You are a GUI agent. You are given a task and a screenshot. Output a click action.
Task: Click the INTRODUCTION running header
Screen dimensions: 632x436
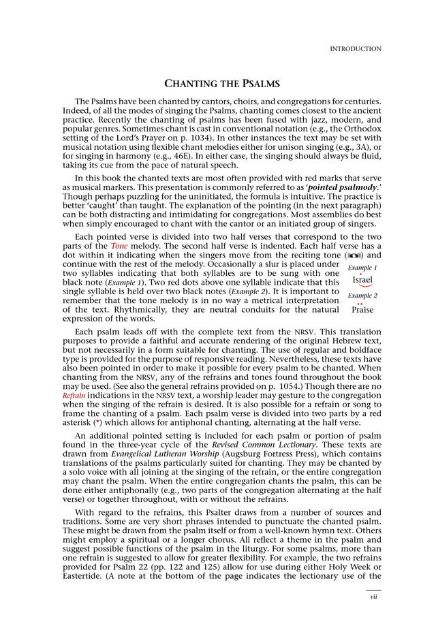point(355,49)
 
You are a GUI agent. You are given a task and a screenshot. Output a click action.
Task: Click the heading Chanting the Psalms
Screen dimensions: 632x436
point(223,84)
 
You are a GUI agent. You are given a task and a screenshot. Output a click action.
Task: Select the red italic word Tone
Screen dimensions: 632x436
point(119,246)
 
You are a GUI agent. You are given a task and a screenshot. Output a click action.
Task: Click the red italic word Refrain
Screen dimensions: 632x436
point(74,395)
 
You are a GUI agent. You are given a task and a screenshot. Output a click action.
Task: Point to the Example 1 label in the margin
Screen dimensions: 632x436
point(362,268)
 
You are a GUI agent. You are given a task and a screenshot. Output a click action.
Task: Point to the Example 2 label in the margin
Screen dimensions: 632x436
point(362,296)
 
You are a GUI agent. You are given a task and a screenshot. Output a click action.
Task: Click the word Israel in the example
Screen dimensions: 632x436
point(362,280)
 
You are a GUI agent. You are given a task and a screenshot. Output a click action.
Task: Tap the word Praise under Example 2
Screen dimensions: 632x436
point(362,310)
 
